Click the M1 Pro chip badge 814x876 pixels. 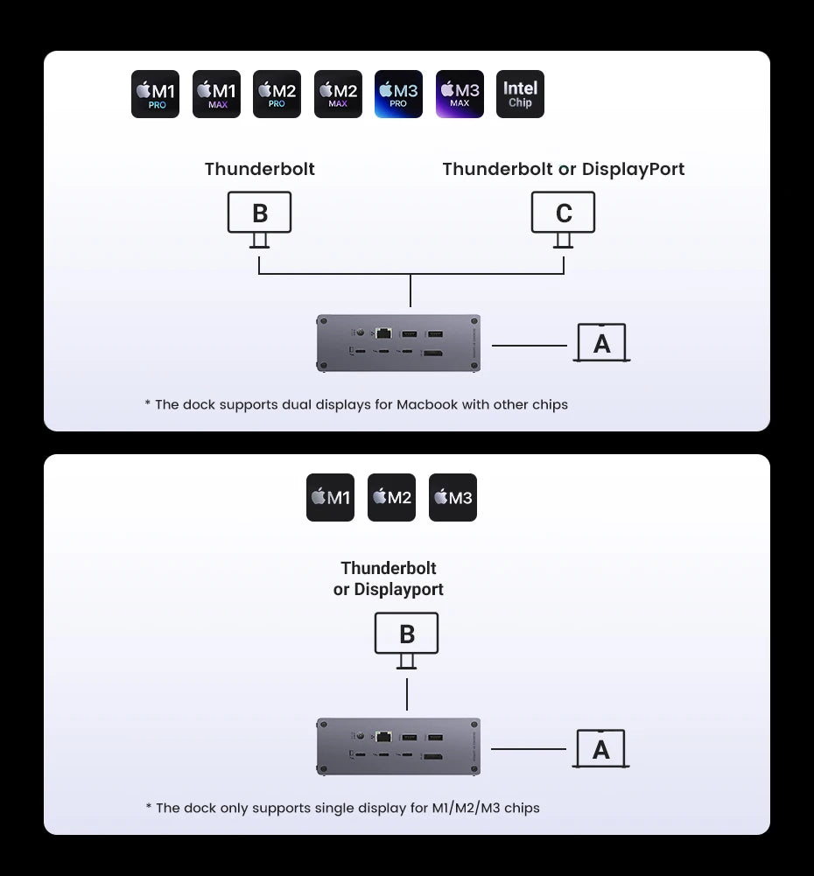point(155,95)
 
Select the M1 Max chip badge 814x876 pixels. point(216,95)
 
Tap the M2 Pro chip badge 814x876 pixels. point(277,95)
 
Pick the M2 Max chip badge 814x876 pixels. point(338,95)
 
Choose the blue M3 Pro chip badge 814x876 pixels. point(398,95)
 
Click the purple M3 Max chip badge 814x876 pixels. point(460,95)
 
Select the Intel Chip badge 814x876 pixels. point(520,95)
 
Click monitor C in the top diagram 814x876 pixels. point(564,213)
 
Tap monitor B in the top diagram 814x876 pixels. point(259,213)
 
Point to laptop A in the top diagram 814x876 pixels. point(601,343)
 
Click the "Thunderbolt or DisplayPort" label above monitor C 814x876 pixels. point(564,169)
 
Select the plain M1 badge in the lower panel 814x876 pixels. point(330,498)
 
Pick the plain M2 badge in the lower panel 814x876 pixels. point(391,498)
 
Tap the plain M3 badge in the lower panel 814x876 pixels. point(453,498)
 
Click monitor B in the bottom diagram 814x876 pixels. point(406,634)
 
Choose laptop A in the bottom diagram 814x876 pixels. point(600,749)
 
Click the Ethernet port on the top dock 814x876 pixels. point(383,333)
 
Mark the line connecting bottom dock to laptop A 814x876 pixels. point(528,749)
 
